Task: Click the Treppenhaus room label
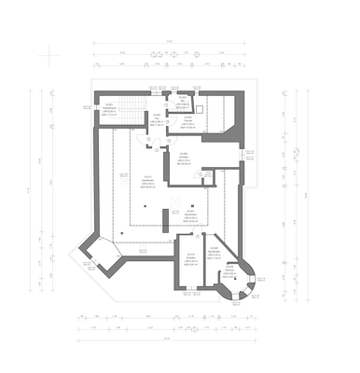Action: [109, 109]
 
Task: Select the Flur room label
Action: [157, 121]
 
